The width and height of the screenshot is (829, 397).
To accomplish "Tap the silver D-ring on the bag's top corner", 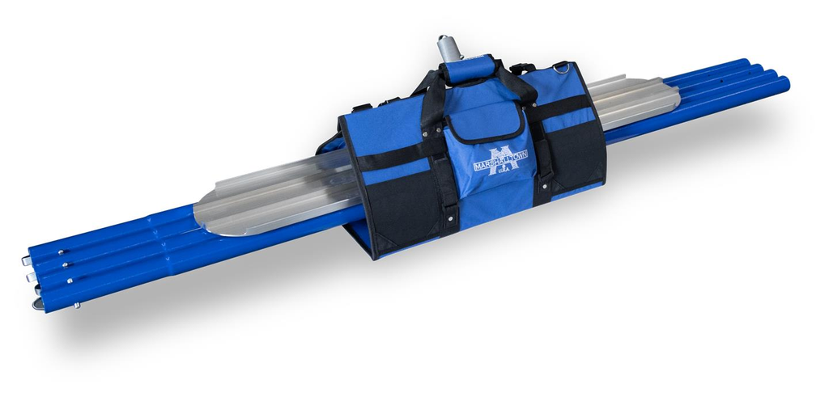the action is (x=563, y=67).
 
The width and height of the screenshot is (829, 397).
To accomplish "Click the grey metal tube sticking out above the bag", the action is (x=448, y=48).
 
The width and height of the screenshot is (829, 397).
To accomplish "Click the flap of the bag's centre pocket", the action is (x=485, y=120).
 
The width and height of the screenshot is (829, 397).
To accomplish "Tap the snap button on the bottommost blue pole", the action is (x=77, y=305).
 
